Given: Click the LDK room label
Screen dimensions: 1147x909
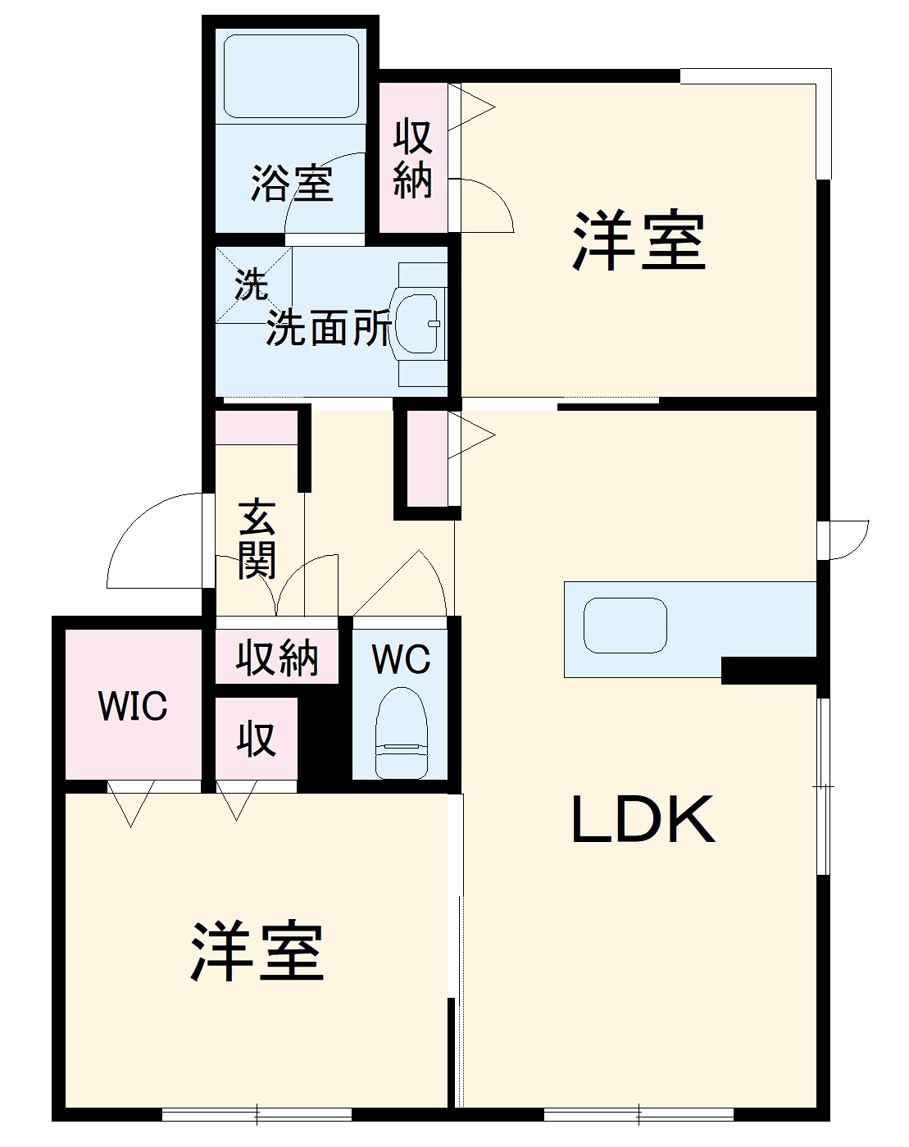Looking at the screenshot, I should click(x=643, y=820).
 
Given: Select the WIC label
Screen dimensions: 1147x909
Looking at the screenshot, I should click(x=133, y=707).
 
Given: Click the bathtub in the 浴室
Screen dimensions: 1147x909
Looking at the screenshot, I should click(x=291, y=75).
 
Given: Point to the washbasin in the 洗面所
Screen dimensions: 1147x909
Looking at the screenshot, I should click(x=418, y=323).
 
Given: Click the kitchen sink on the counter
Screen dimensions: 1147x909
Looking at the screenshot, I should click(x=625, y=626).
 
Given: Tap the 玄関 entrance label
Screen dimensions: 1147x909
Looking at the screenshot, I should click(x=257, y=538).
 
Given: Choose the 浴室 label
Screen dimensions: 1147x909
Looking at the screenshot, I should click(x=292, y=183).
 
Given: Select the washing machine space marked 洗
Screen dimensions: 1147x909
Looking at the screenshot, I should click(x=252, y=284).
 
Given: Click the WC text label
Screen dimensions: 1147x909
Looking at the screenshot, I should click(x=401, y=659).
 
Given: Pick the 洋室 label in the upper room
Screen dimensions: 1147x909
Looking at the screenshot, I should click(x=639, y=241).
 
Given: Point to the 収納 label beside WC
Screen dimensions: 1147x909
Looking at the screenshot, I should click(x=277, y=658).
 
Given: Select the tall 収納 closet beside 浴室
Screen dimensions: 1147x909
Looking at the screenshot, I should click(x=412, y=158).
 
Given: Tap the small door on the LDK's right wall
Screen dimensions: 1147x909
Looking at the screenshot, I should click(x=844, y=539).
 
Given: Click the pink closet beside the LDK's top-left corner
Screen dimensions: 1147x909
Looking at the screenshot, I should click(x=427, y=459).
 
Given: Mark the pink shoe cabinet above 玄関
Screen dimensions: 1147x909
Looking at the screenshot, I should click(x=256, y=428).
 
